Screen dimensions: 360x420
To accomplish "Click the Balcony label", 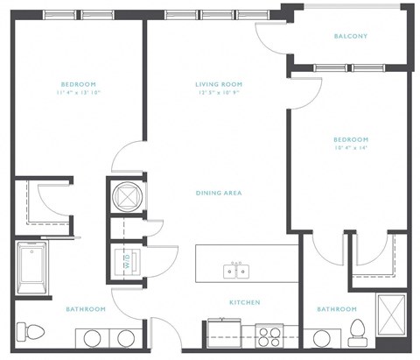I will pos(351,36).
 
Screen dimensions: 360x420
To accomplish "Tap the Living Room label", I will pos(218,84).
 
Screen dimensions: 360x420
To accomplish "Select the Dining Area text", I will pos(219,193).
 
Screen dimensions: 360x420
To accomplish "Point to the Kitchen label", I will pos(244,302).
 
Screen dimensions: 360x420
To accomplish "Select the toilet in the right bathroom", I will pos(356,331).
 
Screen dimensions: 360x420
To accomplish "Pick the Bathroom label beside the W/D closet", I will pos(86,309).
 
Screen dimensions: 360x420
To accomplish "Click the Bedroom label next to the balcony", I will pos(350,139).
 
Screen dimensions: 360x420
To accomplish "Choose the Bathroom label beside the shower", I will pos(336,309).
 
